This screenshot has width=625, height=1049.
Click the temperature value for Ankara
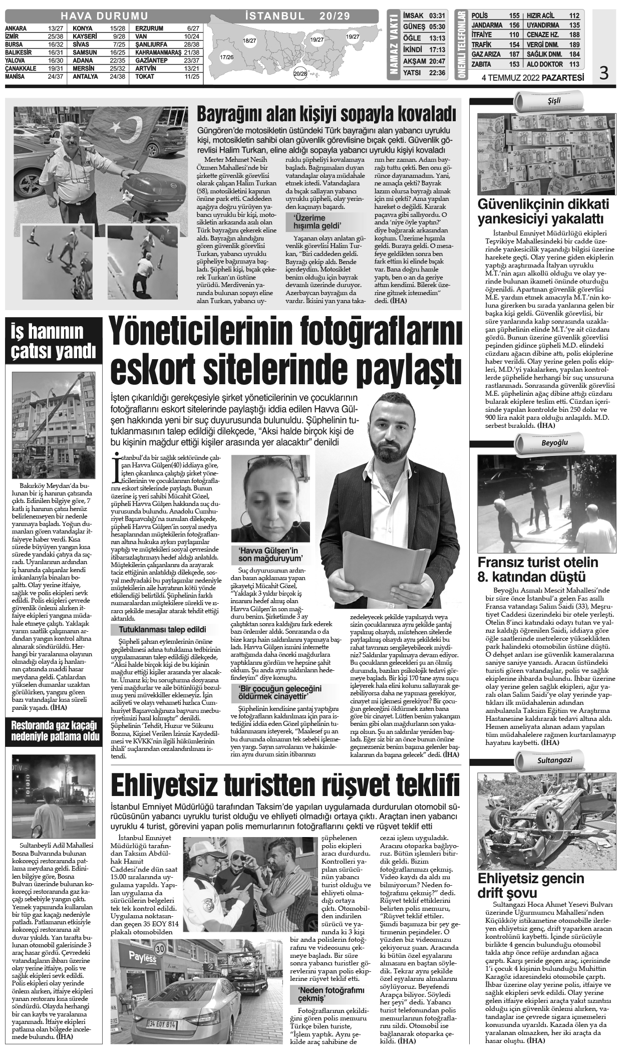pos(56,29)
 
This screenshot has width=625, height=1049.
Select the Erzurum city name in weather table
pos(149,29)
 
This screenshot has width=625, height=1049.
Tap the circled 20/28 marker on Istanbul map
pos(300,74)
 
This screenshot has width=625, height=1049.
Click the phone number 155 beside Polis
pos(514,16)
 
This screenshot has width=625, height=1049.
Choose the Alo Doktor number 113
pos(574,64)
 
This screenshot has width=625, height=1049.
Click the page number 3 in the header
pos(603,74)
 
